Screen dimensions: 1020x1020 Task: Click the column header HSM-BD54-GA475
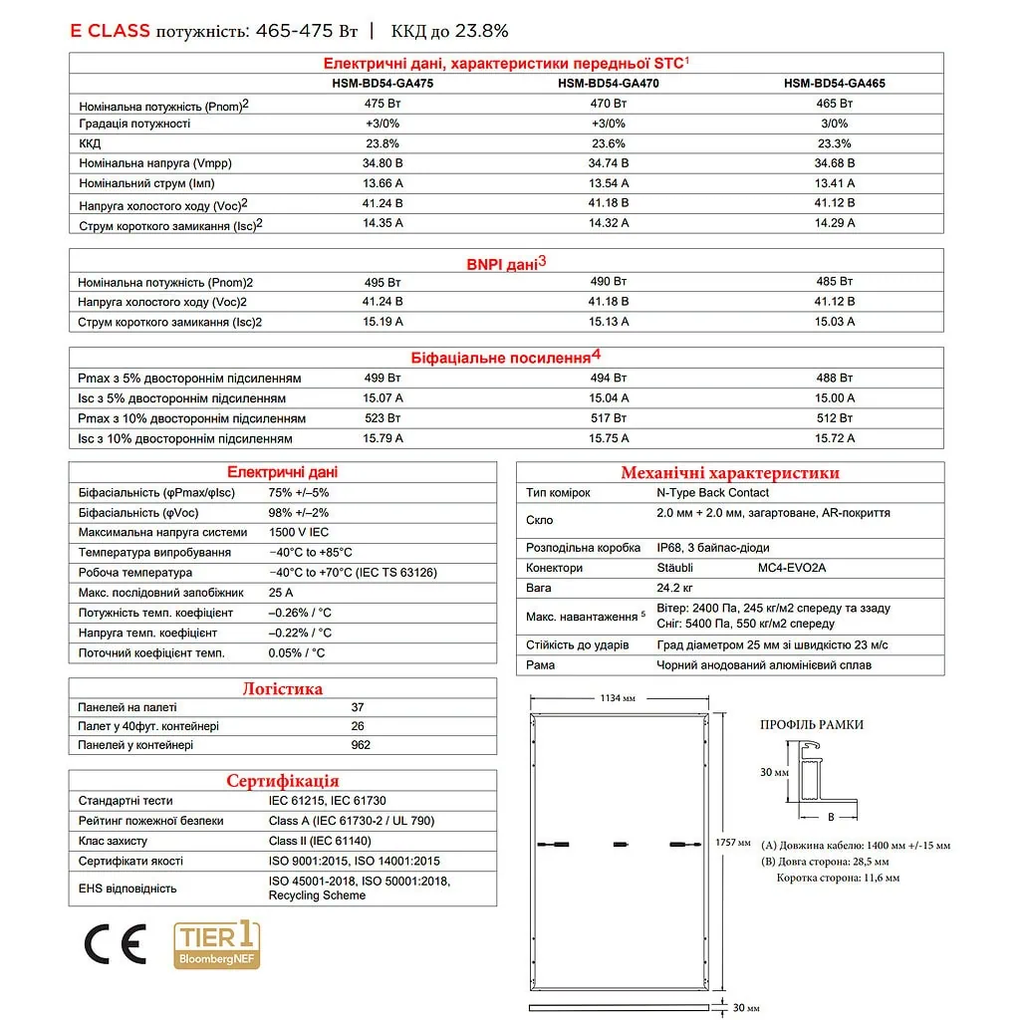pyautogui.click(x=382, y=84)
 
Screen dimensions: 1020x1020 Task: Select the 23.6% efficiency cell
pyautogui.click(x=608, y=143)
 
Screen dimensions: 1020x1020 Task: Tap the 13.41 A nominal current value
pyautogui.click(x=835, y=183)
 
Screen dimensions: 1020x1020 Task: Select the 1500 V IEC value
pyautogui.click(x=299, y=533)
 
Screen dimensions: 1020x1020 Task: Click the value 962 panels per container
pyautogui.click(x=361, y=745)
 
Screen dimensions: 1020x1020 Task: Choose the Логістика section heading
pyautogui.click(x=283, y=688)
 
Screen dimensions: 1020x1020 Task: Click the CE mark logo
pyautogui.click(x=115, y=943)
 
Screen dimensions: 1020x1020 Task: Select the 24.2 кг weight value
pyautogui.click(x=674, y=588)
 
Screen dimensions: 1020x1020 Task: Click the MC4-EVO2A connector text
pyautogui.click(x=792, y=568)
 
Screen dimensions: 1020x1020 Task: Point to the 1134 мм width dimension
pyautogui.click(x=618, y=698)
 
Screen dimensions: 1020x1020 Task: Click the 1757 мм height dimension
pyautogui.click(x=732, y=843)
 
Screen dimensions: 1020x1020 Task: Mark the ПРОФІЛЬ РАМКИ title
pyautogui.click(x=812, y=725)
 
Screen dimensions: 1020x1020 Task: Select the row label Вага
pyautogui.click(x=539, y=588)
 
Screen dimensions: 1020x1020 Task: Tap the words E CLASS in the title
pyautogui.click(x=110, y=31)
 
